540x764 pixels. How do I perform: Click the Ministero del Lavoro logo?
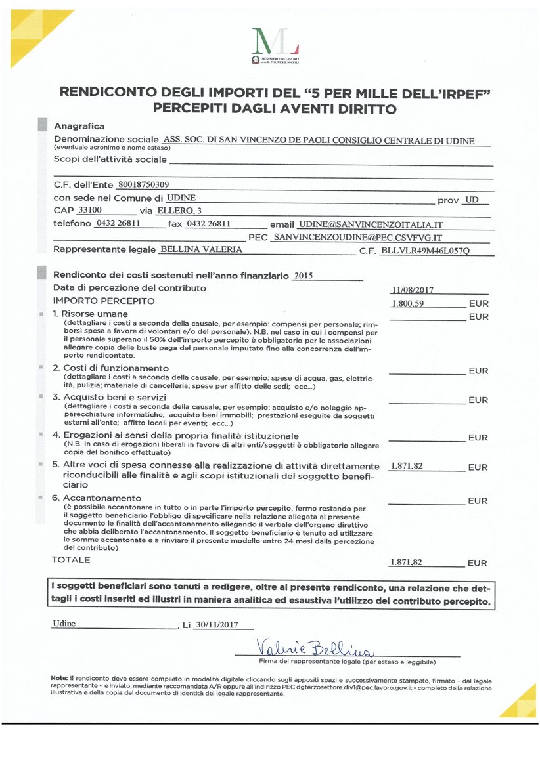tap(276, 45)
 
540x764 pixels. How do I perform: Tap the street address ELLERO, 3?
tap(179, 211)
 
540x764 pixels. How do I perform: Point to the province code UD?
tap(472, 198)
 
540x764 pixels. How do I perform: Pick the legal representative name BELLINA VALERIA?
tap(201, 249)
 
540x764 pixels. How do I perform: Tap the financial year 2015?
tap(304, 276)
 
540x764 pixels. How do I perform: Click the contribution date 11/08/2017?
tap(412, 289)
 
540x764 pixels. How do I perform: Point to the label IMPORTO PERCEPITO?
tap(104, 301)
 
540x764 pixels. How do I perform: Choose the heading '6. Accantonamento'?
tap(97, 498)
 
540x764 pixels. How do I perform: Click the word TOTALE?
tap(71, 560)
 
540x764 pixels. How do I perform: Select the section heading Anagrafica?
tap(79, 126)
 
